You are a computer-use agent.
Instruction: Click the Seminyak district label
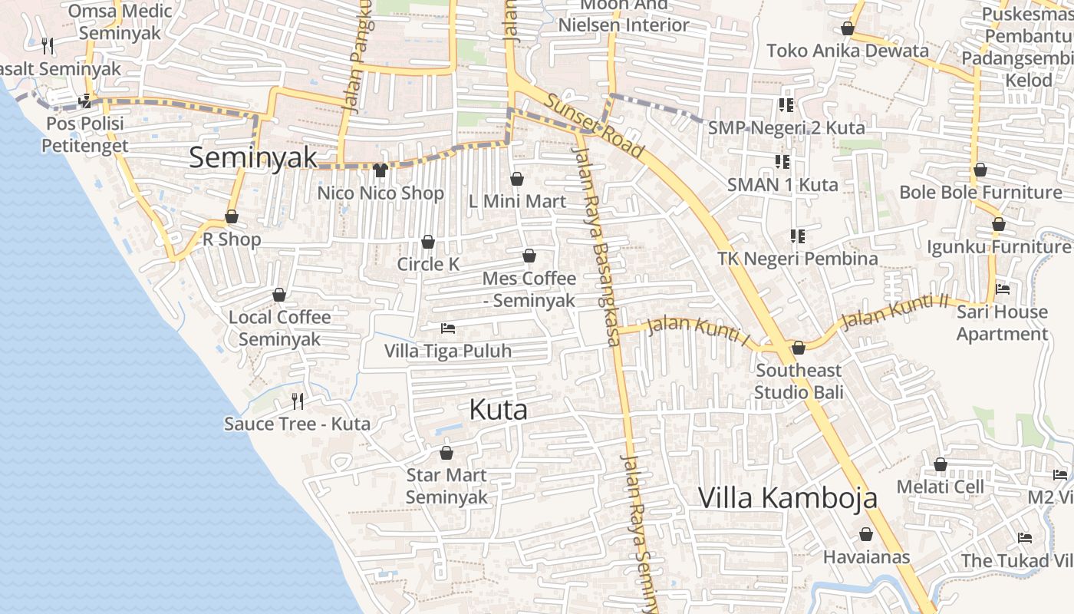[252, 157]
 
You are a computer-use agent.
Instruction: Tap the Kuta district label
[498, 410]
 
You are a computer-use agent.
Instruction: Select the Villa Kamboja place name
[787, 497]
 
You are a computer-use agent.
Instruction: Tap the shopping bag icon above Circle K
[428, 243]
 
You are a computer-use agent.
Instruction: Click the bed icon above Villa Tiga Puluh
[448, 329]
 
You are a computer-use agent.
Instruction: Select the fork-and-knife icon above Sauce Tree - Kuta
[298, 401]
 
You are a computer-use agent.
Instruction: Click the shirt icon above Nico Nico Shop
[381, 170]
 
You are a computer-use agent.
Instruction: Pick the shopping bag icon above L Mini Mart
[517, 179]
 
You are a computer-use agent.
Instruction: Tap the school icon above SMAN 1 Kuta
[782, 162]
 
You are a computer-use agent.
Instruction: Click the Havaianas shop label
[866, 557]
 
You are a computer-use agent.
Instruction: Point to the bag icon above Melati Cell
[941, 464]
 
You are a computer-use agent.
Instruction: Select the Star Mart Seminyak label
[446, 486]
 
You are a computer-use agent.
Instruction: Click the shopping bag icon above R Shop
[232, 217]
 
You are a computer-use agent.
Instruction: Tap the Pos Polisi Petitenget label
[85, 134]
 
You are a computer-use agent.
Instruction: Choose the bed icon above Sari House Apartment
[1002, 289]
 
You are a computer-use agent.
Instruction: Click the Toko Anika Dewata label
[848, 51]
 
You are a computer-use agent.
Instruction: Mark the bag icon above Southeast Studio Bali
[799, 348]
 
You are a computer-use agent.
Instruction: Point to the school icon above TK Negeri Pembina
[798, 236]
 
